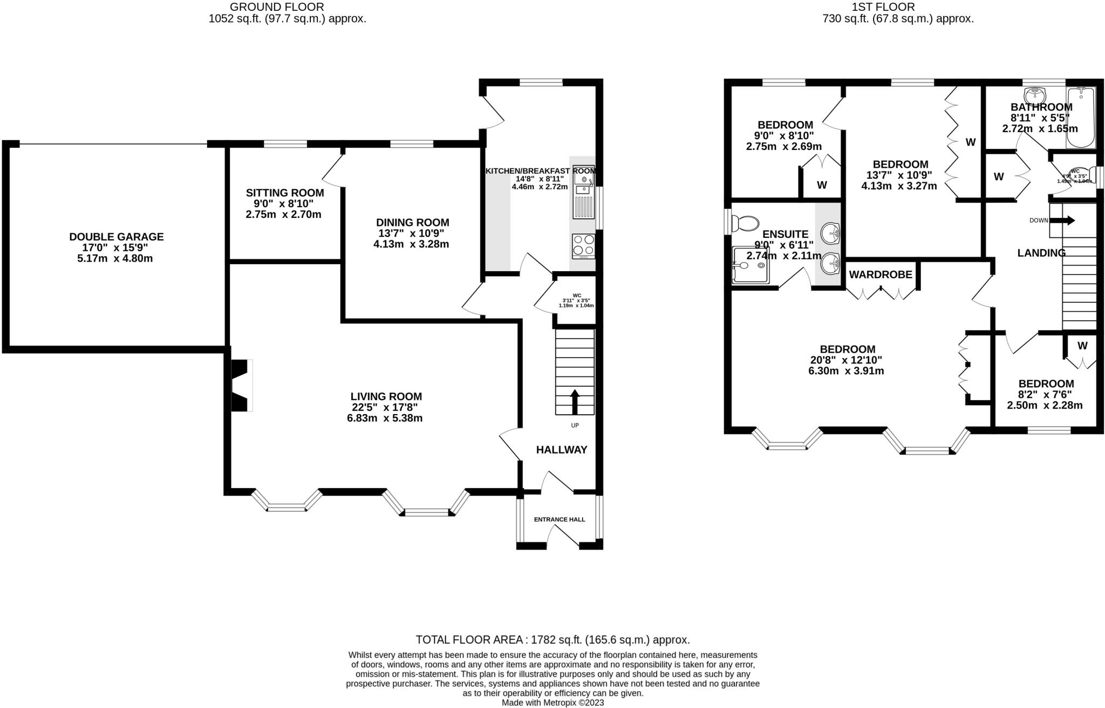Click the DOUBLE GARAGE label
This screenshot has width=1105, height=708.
point(116,237)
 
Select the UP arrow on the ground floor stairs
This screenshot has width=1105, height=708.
point(575,401)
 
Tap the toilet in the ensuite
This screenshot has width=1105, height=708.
point(745,222)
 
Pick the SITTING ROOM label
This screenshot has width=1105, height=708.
point(285,193)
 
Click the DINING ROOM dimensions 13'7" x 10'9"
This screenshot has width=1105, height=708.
point(412,233)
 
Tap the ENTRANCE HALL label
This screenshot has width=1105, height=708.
point(559,519)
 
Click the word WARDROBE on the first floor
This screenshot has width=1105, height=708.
point(881,274)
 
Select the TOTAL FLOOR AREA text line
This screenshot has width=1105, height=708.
point(552,640)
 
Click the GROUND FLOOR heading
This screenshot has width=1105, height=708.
point(277,7)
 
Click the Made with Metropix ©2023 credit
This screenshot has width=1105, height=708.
point(552,703)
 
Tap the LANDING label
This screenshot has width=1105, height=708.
point(1041,253)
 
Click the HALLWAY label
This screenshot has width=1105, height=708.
point(561,450)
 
